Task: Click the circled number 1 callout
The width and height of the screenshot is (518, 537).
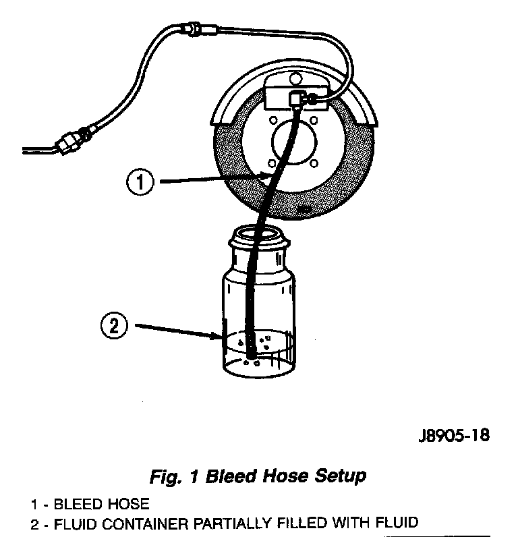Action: tap(140, 183)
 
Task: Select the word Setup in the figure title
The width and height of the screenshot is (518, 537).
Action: tap(340, 476)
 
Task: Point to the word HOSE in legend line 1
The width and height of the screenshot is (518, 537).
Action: tap(127, 504)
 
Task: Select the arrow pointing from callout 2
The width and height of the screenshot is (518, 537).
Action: tap(179, 330)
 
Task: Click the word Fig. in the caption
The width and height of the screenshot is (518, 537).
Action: tap(164, 476)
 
